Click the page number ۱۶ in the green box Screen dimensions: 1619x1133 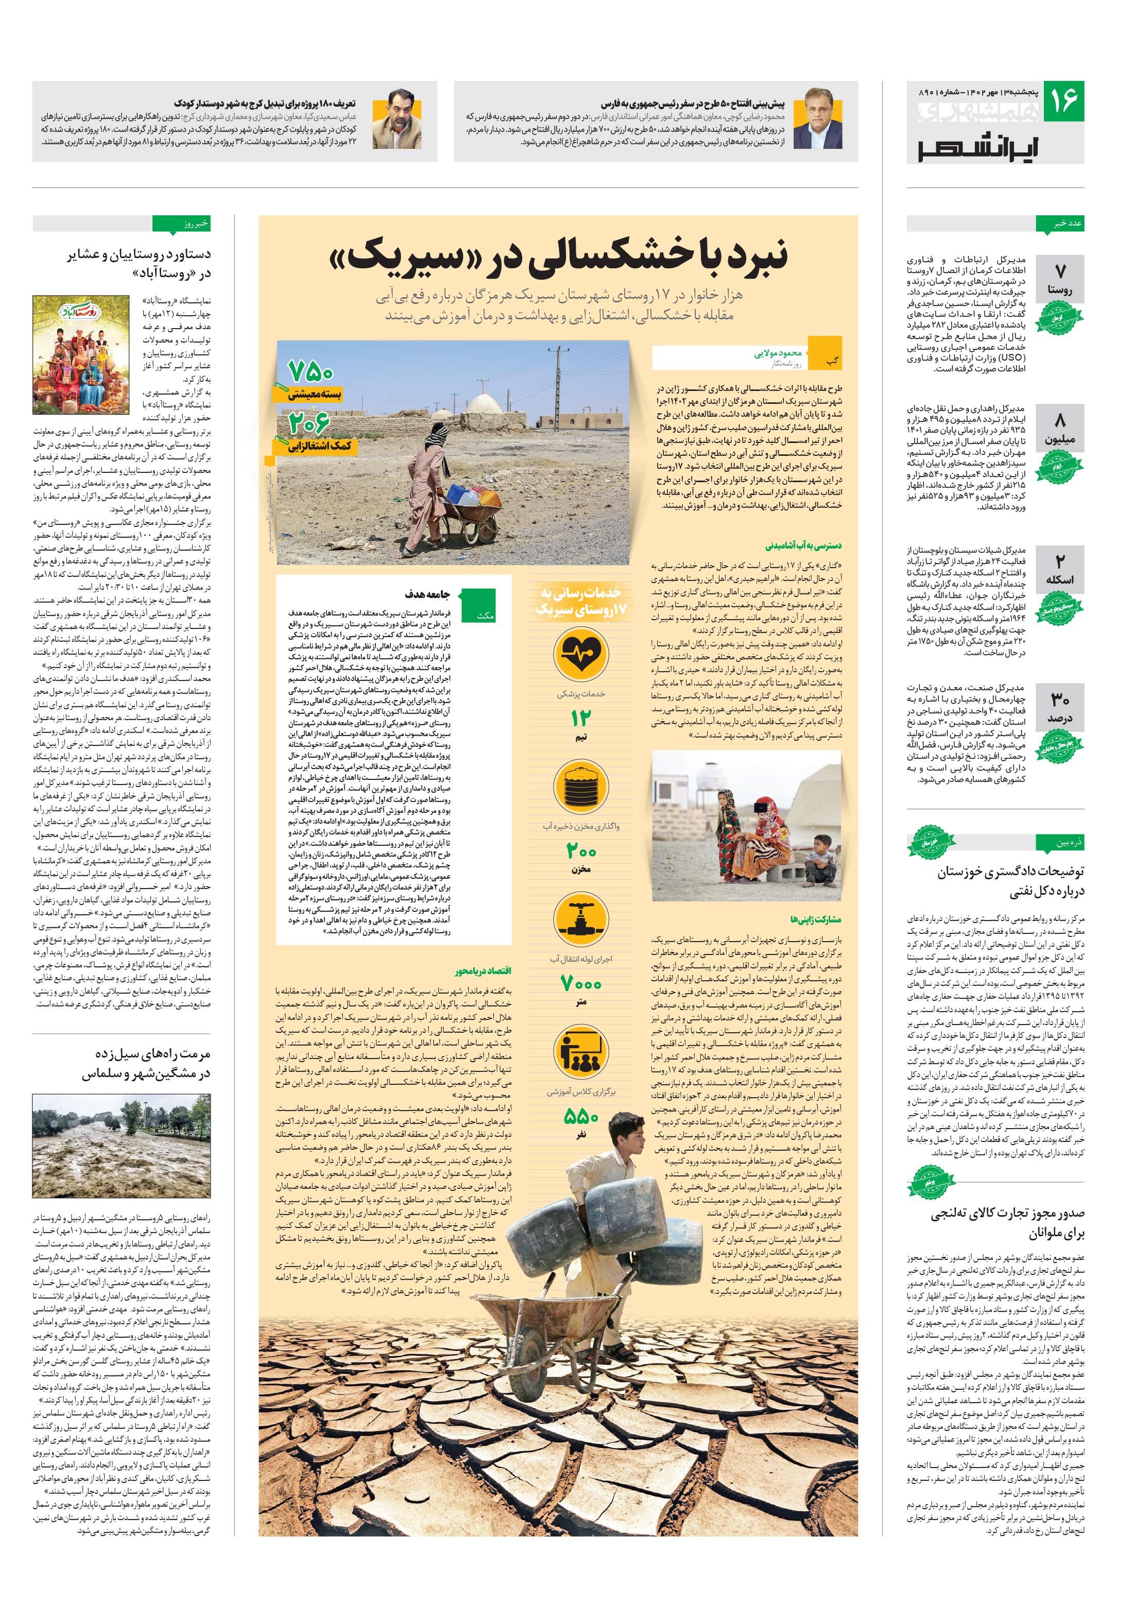[x=1062, y=101]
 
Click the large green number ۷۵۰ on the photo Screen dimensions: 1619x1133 [x=310, y=371]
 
